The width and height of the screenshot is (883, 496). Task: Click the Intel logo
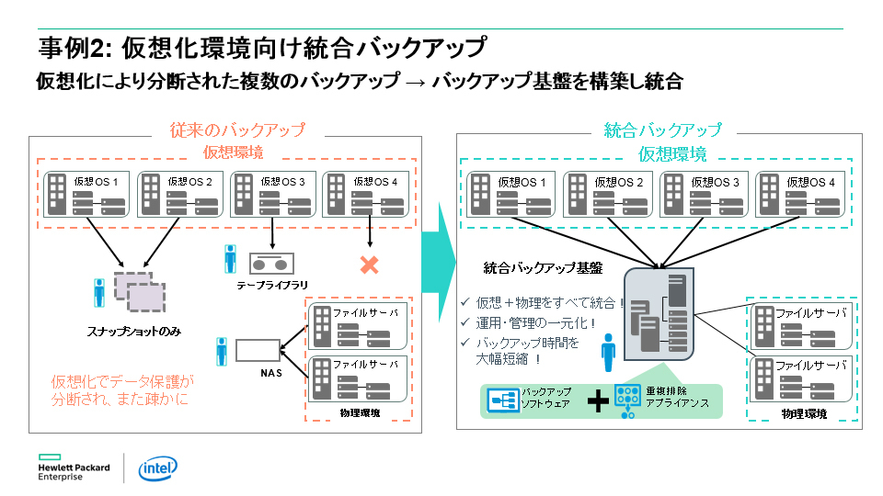coord(157,468)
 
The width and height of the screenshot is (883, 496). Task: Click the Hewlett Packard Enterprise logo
coord(74,468)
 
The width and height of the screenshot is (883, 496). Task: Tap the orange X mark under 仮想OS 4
coord(369,265)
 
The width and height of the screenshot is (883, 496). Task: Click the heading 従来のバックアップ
coord(236,130)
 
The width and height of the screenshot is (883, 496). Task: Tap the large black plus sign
coord(597,400)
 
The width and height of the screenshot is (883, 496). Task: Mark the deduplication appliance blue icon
coord(628,400)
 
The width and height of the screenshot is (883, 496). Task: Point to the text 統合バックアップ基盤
coord(543,268)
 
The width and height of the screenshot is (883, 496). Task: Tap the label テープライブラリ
coord(272,287)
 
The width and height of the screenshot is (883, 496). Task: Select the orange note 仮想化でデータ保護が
coord(123,380)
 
